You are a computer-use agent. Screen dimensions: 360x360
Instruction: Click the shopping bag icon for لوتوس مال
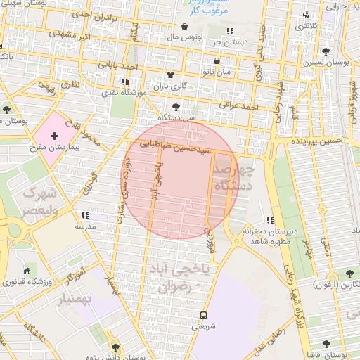coord(184,27)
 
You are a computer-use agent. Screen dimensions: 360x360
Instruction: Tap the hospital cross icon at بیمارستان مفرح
coord(54,134)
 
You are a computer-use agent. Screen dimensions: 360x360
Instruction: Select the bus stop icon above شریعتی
coord(203,314)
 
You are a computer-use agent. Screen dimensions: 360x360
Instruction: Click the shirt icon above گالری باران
coord(170,74)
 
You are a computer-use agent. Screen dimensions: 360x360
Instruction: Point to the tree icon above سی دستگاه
coord(176,107)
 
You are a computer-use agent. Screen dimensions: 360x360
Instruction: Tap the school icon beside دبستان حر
coord(230,31)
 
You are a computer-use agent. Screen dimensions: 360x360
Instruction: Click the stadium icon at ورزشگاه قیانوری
coord(27,271)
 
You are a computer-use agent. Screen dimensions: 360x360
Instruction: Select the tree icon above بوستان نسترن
coord(325,51)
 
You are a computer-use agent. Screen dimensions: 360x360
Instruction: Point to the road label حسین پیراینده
coord(317,141)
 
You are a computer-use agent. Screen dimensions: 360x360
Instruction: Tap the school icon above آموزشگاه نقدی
coord(125,82)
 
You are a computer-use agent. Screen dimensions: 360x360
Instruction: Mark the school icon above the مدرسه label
coord(86,216)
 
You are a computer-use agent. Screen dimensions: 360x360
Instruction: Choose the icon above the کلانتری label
coord(304,15)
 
